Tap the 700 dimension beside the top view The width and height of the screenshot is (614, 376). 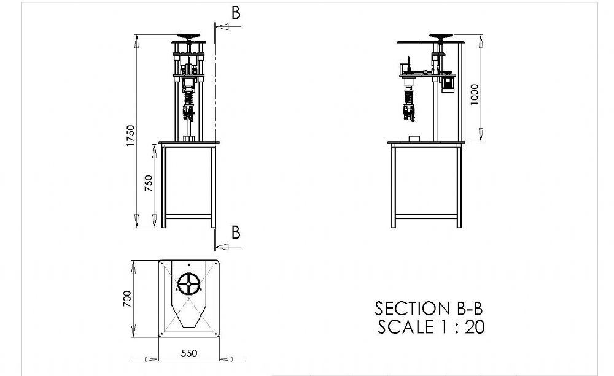[x=127, y=299]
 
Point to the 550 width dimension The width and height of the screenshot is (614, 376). [x=188, y=354]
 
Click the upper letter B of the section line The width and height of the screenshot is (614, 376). [x=236, y=13]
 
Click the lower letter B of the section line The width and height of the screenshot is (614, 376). [x=236, y=232]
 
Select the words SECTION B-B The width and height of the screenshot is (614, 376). [x=424, y=308]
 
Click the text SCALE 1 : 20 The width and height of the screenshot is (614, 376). [x=431, y=327]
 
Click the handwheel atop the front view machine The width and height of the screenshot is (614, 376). [x=189, y=36]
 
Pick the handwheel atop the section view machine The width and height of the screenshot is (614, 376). [x=442, y=37]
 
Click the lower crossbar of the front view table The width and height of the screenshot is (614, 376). [x=189, y=216]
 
